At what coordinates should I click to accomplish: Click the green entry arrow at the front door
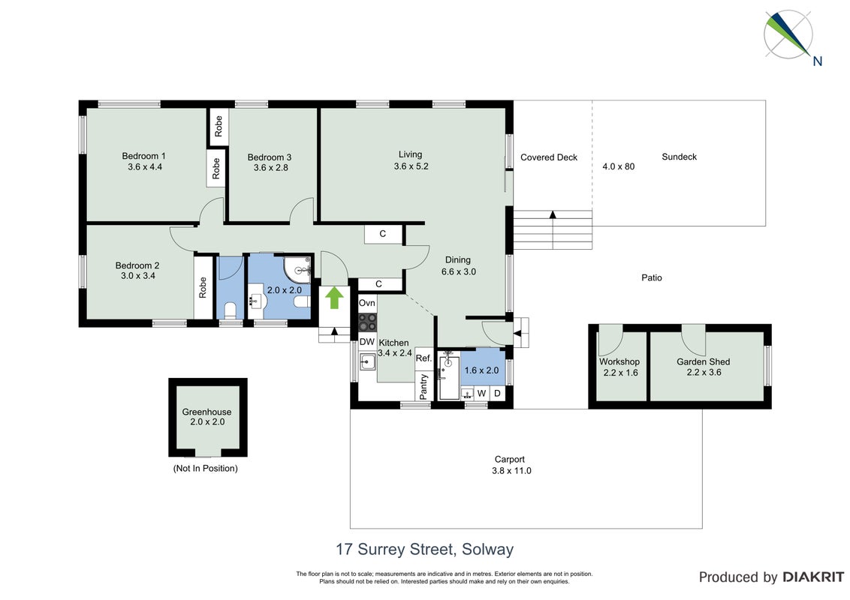[334, 298]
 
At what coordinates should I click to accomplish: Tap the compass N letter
[818, 61]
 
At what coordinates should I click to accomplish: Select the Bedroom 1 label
[143, 156]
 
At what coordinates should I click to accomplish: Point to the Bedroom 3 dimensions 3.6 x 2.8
[270, 168]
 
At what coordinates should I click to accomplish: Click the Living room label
[411, 154]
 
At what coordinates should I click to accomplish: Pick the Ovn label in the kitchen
[367, 303]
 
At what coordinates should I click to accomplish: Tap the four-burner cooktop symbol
[367, 322]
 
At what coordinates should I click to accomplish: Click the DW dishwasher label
[367, 342]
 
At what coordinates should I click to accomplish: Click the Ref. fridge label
[423, 358]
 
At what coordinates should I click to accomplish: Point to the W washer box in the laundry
[481, 393]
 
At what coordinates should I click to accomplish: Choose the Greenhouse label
[206, 412]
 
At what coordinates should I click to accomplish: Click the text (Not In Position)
[206, 469]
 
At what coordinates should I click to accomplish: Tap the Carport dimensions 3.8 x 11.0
[511, 470]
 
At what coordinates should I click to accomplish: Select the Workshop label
[619, 361]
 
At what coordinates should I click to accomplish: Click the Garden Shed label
[703, 361]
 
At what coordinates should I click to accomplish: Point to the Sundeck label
[680, 157]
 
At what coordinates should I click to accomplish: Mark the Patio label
[652, 277]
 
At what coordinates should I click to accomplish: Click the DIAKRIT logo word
[812, 577]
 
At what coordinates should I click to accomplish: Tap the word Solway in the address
[487, 550]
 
